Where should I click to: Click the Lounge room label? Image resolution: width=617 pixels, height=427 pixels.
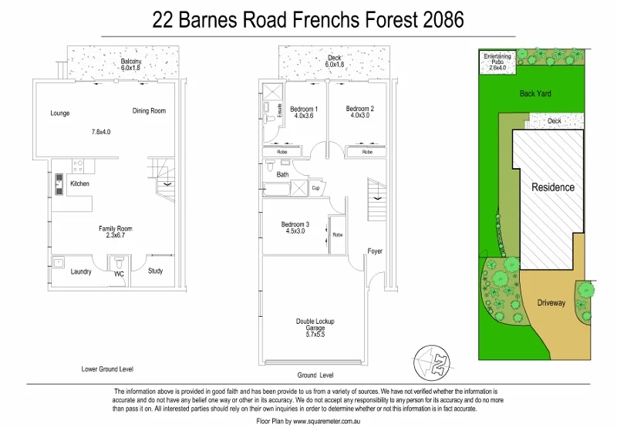click(60, 113)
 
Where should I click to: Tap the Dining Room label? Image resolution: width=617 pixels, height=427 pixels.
click(149, 111)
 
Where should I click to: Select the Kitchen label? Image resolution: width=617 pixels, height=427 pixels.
click(79, 183)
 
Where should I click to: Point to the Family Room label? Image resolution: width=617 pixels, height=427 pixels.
click(115, 229)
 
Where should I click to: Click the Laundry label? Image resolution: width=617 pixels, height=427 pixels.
click(81, 271)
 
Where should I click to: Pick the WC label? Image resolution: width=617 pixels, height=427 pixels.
click(119, 273)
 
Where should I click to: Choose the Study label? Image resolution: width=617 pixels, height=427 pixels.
click(155, 271)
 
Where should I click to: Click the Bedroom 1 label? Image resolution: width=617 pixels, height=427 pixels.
click(304, 109)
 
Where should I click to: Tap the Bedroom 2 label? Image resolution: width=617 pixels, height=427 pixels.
click(359, 109)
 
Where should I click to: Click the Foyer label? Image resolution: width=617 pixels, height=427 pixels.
click(375, 251)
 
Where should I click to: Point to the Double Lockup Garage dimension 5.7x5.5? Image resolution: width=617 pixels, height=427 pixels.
click(315, 335)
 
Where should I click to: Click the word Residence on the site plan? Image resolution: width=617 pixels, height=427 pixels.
click(552, 187)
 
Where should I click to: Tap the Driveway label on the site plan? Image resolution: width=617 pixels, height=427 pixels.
click(551, 303)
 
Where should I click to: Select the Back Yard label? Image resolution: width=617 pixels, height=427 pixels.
click(535, 93)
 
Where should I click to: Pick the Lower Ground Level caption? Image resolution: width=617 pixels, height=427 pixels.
click(107, 369)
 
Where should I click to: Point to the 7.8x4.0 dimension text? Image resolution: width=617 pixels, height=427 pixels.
click(101, 132)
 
